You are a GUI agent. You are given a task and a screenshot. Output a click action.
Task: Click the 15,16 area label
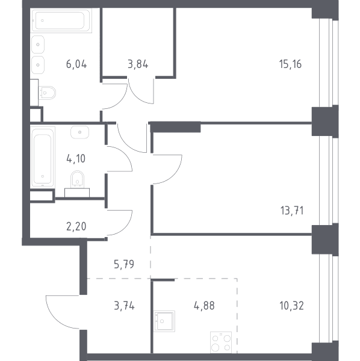pyautogui.click(x=290, y=64)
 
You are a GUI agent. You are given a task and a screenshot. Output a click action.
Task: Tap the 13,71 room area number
pyautogui.click(x=292, y=211)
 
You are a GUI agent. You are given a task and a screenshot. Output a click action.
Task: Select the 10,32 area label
pyautogui.click(x=291, y=306)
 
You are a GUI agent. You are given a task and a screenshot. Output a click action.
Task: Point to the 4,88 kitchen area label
pyautogui.click(x=204, y=306)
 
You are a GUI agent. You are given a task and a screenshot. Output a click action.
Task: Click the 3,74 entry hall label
pyautogui.click(x=124, y=306)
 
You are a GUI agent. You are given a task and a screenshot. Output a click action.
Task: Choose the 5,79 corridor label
pyautogui.click(x=124, y=264)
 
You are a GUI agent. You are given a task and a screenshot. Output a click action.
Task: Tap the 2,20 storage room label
pyautogui.click(x=76, y=227)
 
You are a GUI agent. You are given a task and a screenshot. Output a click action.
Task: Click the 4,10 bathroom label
pyautogui.click(x=76, y=159)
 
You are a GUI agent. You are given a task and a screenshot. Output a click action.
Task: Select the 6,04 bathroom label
pyautogui.click(x=76, y=64)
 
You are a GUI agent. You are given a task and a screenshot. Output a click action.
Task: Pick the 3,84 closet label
pyautogui.click(x=138, y=64)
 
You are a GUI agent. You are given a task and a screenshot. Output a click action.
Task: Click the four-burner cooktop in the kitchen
pyautogui.click(x=221, y=342)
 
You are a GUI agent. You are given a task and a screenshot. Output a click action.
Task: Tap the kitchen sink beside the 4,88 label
pyautogui.click(x=164, y=321)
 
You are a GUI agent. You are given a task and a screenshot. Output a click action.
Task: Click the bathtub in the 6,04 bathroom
pyautogui.click(x=61, y=20)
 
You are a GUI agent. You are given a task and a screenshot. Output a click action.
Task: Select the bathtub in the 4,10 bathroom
pyautogui.click(x=43, y=156)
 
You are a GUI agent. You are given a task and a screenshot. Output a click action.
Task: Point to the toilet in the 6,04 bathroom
pyautogui.click(x=47, y=93)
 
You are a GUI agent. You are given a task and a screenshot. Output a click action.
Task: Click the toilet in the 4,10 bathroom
pyautogui.click(x=77, y=179)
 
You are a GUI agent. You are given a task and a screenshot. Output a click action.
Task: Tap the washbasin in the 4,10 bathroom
pyautogui.click(x=79, y=132)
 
